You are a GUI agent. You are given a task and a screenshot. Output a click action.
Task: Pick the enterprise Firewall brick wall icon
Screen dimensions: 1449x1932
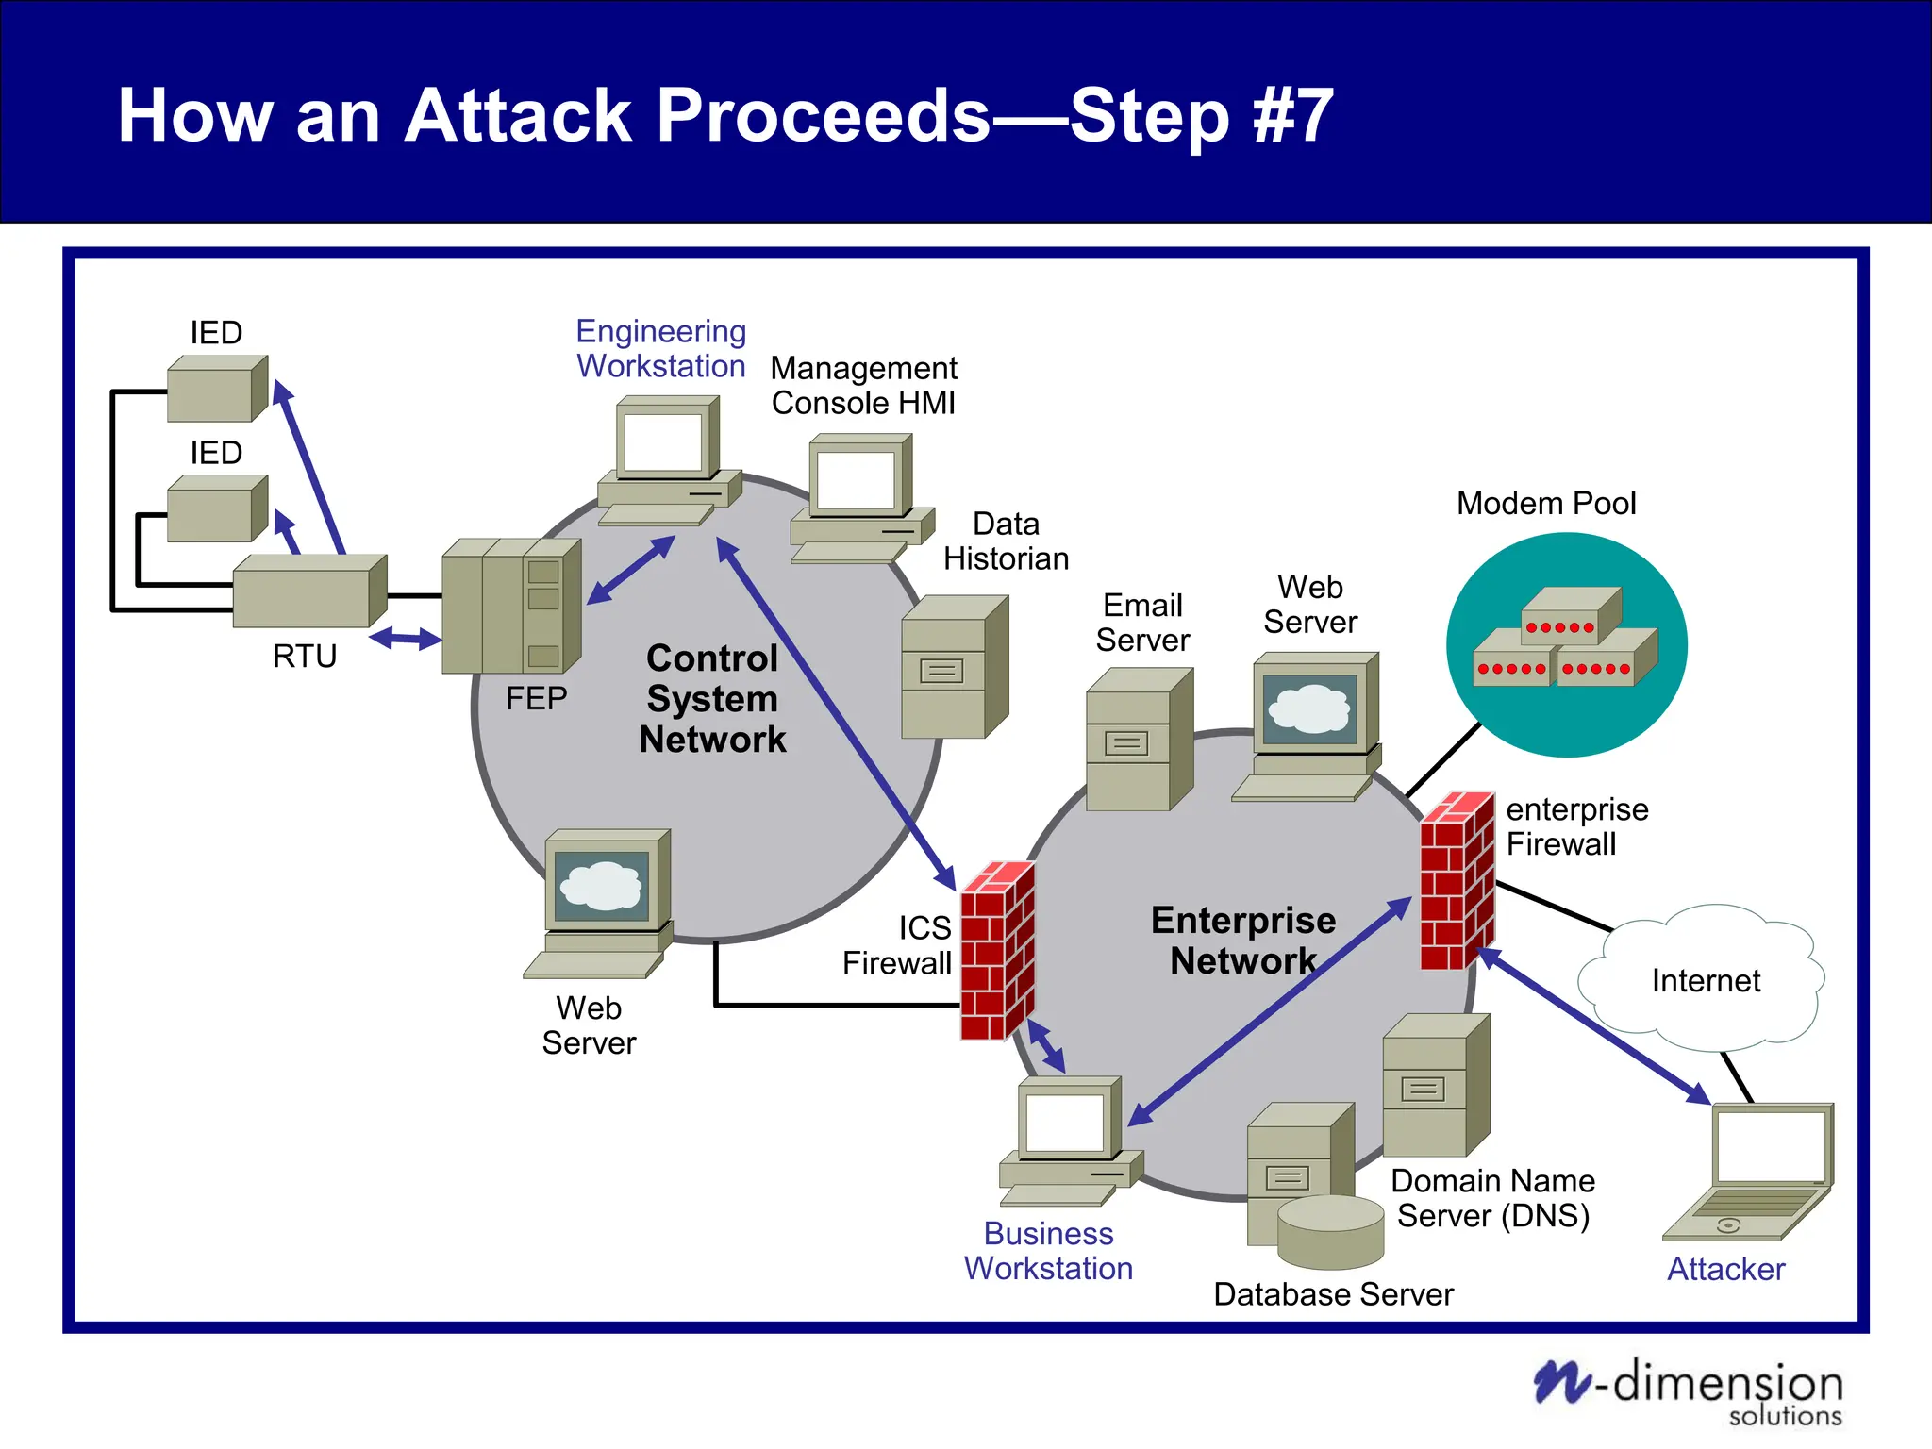click(x=1457, y=881)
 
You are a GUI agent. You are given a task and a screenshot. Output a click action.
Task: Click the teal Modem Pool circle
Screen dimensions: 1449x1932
click(x=1566, y=645)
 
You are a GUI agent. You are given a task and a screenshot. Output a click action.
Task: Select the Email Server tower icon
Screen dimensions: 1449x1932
click(x=1138, y=740)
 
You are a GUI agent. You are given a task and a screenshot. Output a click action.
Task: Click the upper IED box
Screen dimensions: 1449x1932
click(x=216, y=389)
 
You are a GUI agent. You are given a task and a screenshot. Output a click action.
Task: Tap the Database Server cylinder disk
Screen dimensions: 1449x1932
click(x=1330, y=1230)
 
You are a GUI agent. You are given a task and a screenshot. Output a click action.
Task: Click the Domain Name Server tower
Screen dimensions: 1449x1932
click(x=1435, y=1085)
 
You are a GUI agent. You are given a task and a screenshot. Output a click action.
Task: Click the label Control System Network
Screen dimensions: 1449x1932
click(x=712, y=699)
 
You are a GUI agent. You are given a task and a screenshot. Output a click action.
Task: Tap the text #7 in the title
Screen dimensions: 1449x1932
click(x=1292, y=116)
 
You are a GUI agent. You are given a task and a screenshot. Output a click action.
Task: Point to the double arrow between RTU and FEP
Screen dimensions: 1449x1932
click(x=405, y=640)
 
